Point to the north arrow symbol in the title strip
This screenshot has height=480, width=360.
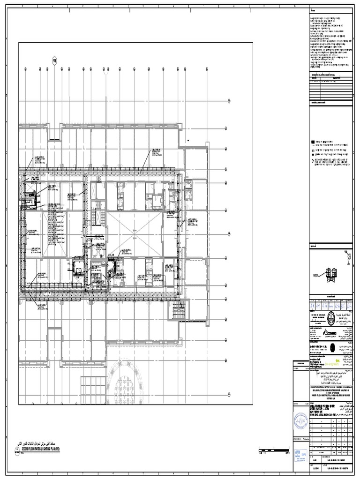click(x=348, y=256)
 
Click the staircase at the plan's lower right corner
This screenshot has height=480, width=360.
click(x=180, y=309)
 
